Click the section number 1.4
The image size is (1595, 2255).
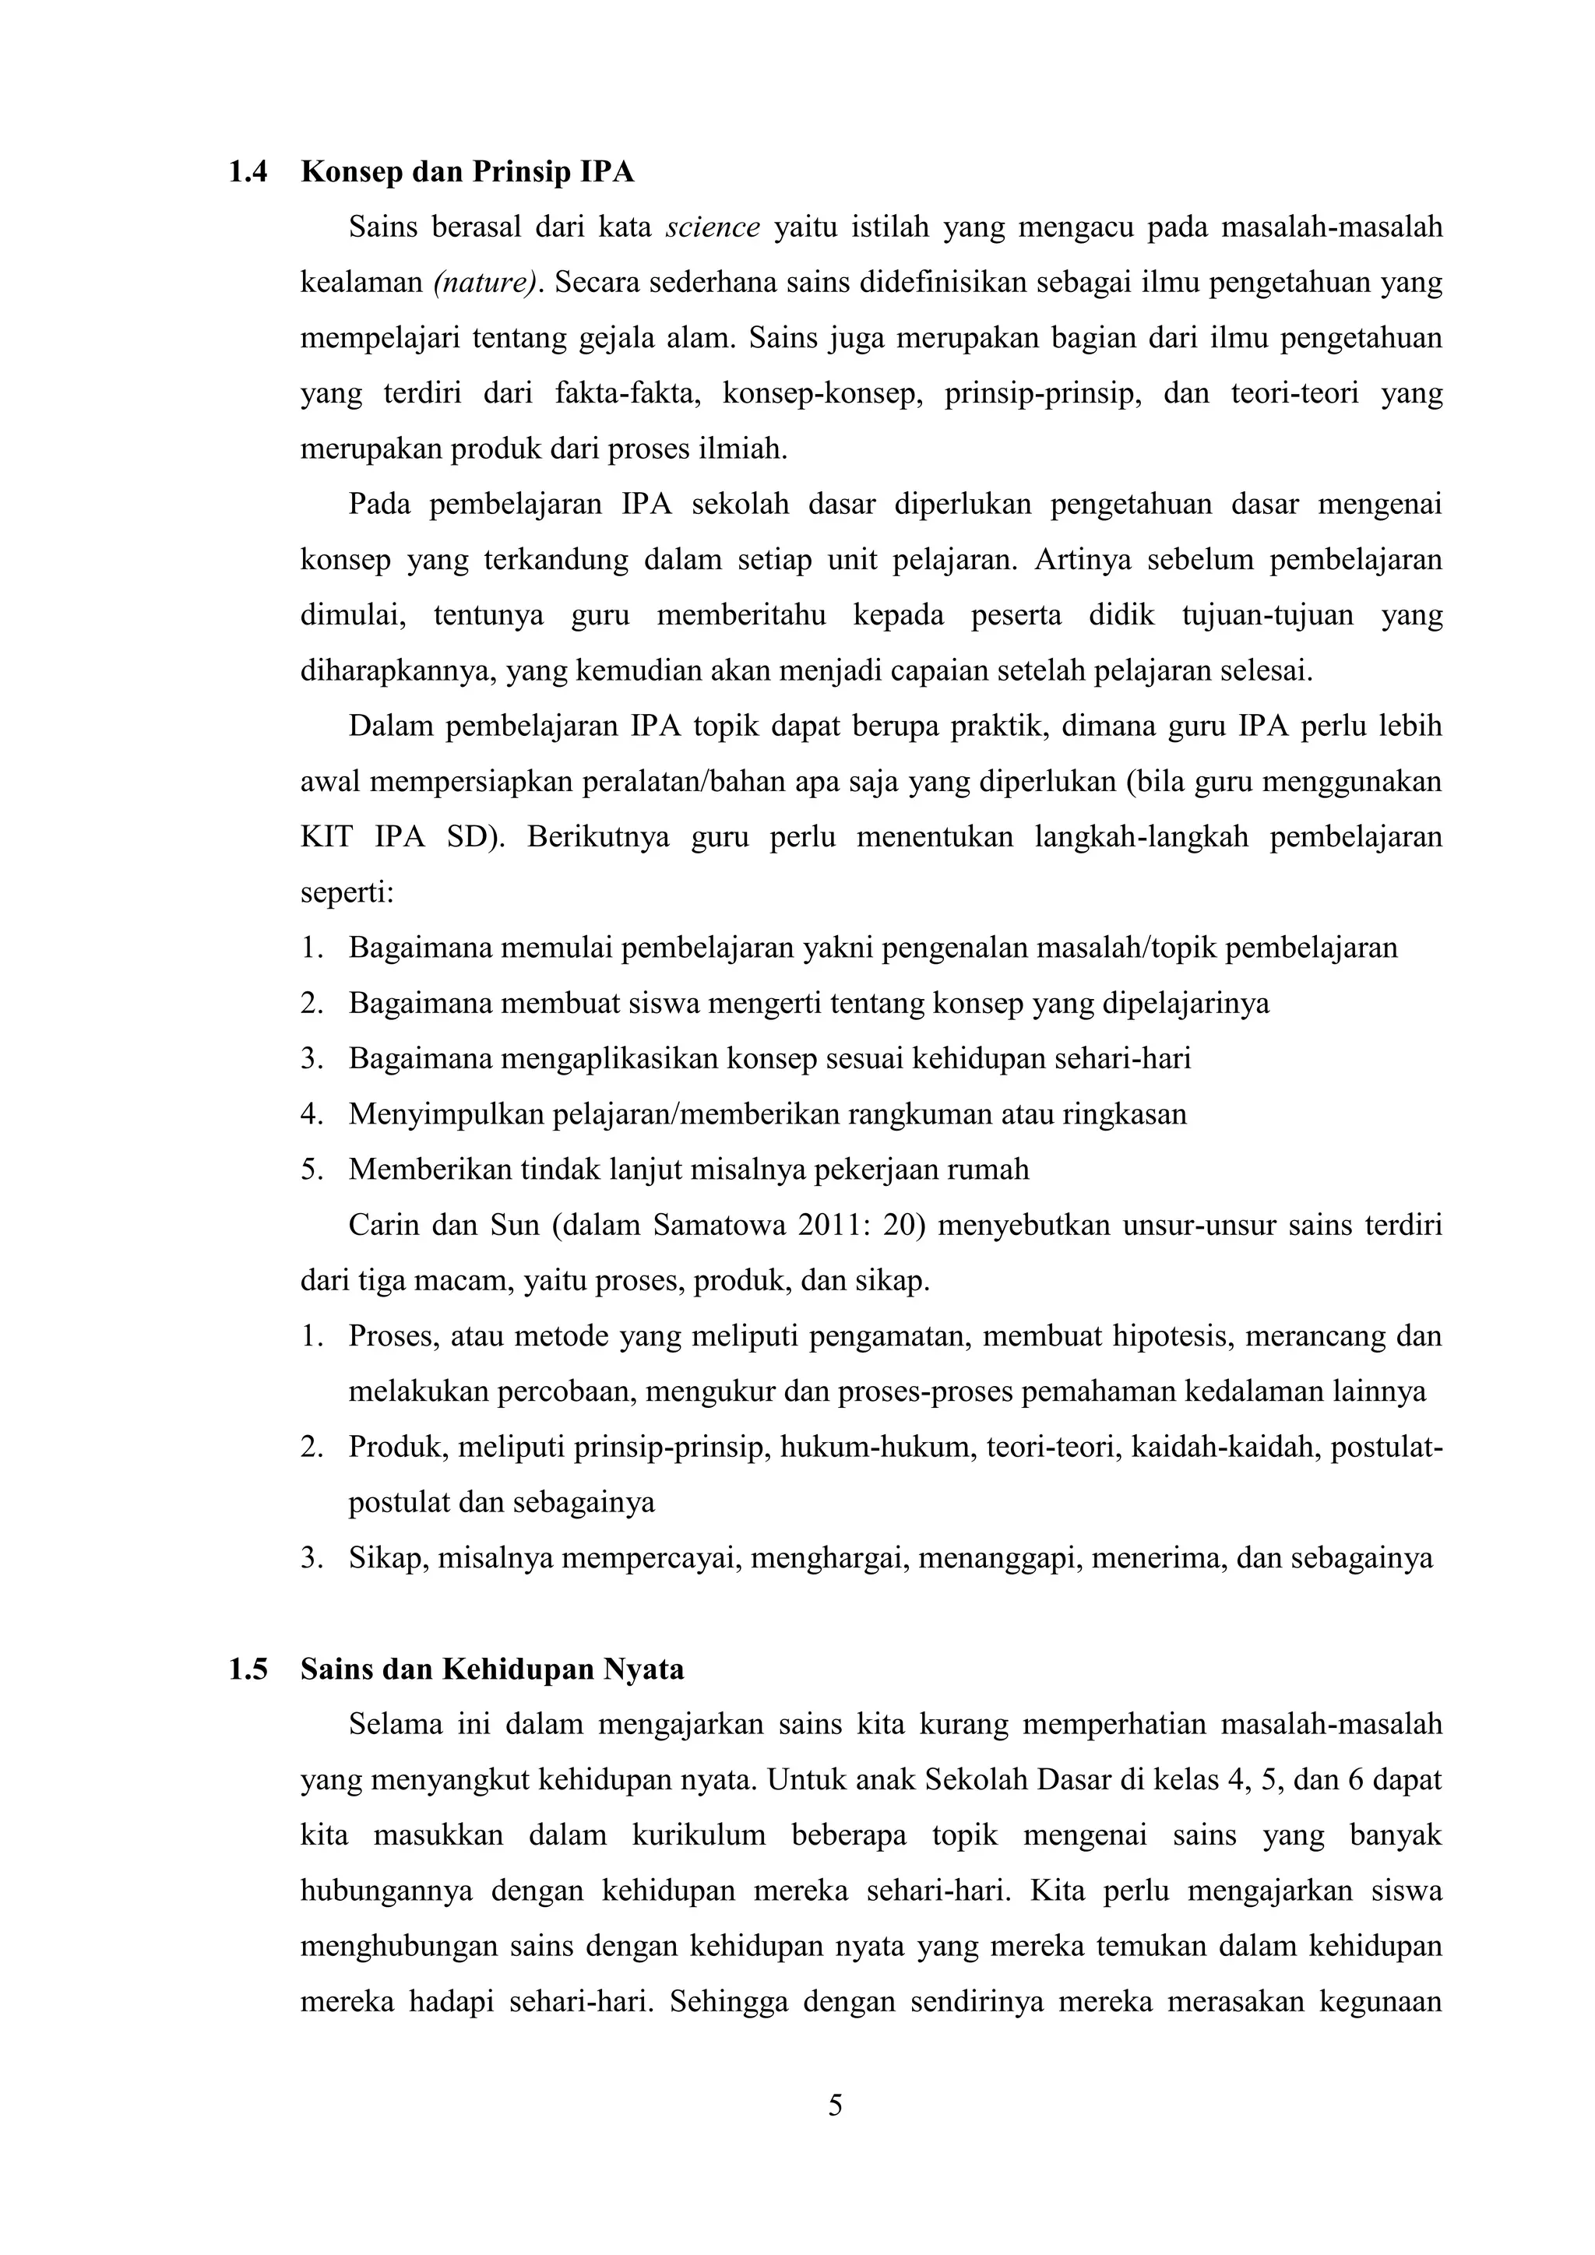tap(248, 173)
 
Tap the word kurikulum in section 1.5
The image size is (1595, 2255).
tap(699, 1837)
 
